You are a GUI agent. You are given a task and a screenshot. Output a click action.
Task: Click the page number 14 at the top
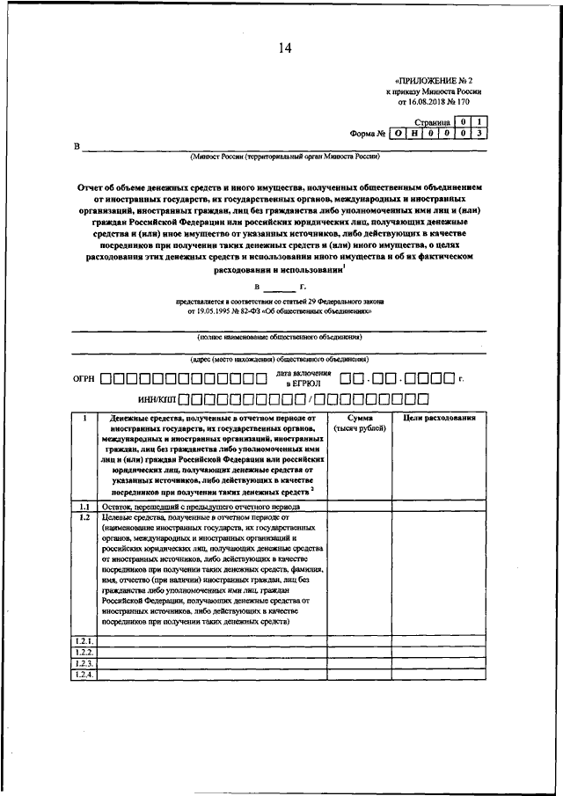(x=284, y=47)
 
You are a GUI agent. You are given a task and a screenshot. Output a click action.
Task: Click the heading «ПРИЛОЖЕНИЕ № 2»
(x=437, y=78)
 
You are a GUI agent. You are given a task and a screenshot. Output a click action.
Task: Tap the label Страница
(x=433, y=124)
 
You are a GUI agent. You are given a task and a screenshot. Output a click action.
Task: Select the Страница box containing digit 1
(x=478, y=122)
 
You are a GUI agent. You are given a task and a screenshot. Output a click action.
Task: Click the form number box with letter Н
(x=417, y=135)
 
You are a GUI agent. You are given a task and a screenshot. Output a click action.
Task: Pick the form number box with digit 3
(x=478, y=135)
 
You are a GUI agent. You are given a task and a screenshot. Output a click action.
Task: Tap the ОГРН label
(x=84, y=380)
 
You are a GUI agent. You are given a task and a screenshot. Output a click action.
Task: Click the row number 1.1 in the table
(x=84, y=508)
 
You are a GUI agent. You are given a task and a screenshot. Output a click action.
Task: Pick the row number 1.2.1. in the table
(x=84, y=641)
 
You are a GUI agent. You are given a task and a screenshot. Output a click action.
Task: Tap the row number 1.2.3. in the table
(x=84, y=663)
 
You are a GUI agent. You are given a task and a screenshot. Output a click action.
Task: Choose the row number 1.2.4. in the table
(x=84, y=675)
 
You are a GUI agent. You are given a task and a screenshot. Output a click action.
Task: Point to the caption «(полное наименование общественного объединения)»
(x=279, y=338)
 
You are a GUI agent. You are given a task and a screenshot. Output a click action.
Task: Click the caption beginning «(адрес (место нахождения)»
(x=279, y=361)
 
